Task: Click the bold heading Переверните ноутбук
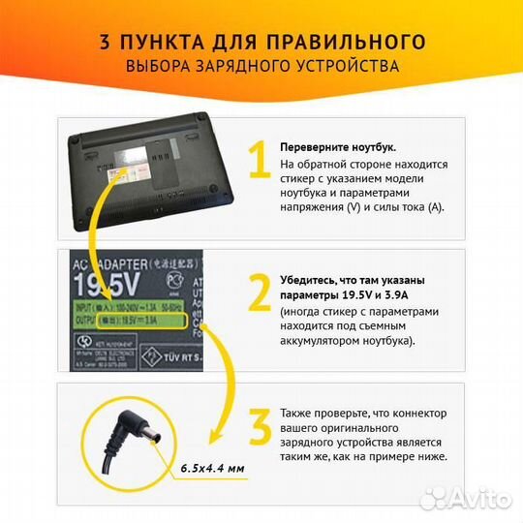337,146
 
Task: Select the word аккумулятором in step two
324,342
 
